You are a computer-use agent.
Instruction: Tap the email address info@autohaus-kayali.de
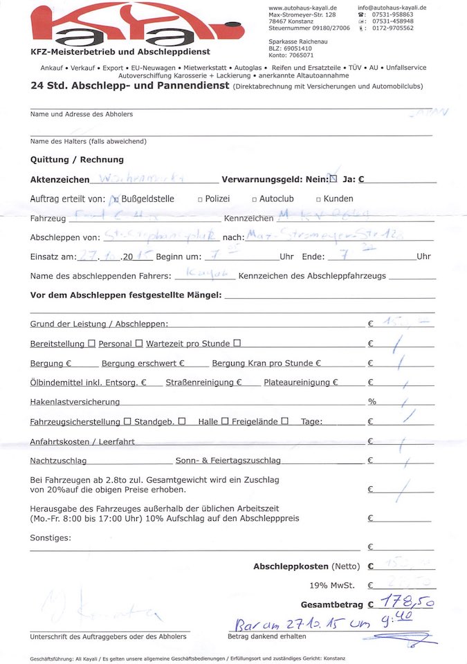(392, 7)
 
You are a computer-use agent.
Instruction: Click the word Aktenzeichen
(60, 179)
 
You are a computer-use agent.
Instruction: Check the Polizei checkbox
(199, 199)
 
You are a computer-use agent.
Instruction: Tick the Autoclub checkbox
(255, 199)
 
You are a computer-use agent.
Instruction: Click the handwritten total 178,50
(410, 602)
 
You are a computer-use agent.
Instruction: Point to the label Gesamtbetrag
(329, 603)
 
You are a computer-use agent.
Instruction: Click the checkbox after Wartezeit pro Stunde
(237, 343)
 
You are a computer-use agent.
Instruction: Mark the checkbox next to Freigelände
(284, 421)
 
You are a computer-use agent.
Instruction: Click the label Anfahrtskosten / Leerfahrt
(82, 441)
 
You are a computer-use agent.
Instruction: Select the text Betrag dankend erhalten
(267, 636)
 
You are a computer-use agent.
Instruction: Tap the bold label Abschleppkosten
(291, 566)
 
